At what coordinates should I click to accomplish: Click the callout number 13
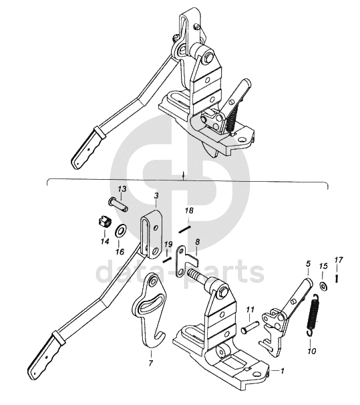click(x=122, y=189)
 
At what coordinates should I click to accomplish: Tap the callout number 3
click(x=156, y=196)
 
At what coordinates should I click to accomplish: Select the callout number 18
click(x=189, y=211)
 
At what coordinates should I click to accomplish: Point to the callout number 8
click(x=198, y=242)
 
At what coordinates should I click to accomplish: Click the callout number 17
click(x=339, y=260)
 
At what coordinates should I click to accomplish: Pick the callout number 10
click(x=312, y=352)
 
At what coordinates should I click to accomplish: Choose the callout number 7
click(x=151, y=363)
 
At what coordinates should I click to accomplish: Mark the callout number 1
click(x=283, y=371)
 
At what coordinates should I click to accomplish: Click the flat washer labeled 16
click(x=120, y=230)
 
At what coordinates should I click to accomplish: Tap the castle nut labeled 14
click(x=105, y=222)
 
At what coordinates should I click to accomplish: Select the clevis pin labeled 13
click(x=118, y=205)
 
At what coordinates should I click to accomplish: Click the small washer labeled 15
click(x=323, y=286)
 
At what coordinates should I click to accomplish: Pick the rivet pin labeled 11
click(x=250, y=327)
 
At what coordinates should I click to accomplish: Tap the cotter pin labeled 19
click(x=167, y=259)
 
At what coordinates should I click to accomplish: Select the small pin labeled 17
click(x=337, y=279)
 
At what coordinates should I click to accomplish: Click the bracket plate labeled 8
click(x=186, y=261)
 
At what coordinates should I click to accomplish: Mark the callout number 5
click(x=308, y=264)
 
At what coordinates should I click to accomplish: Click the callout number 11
click(x=250, y=309)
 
